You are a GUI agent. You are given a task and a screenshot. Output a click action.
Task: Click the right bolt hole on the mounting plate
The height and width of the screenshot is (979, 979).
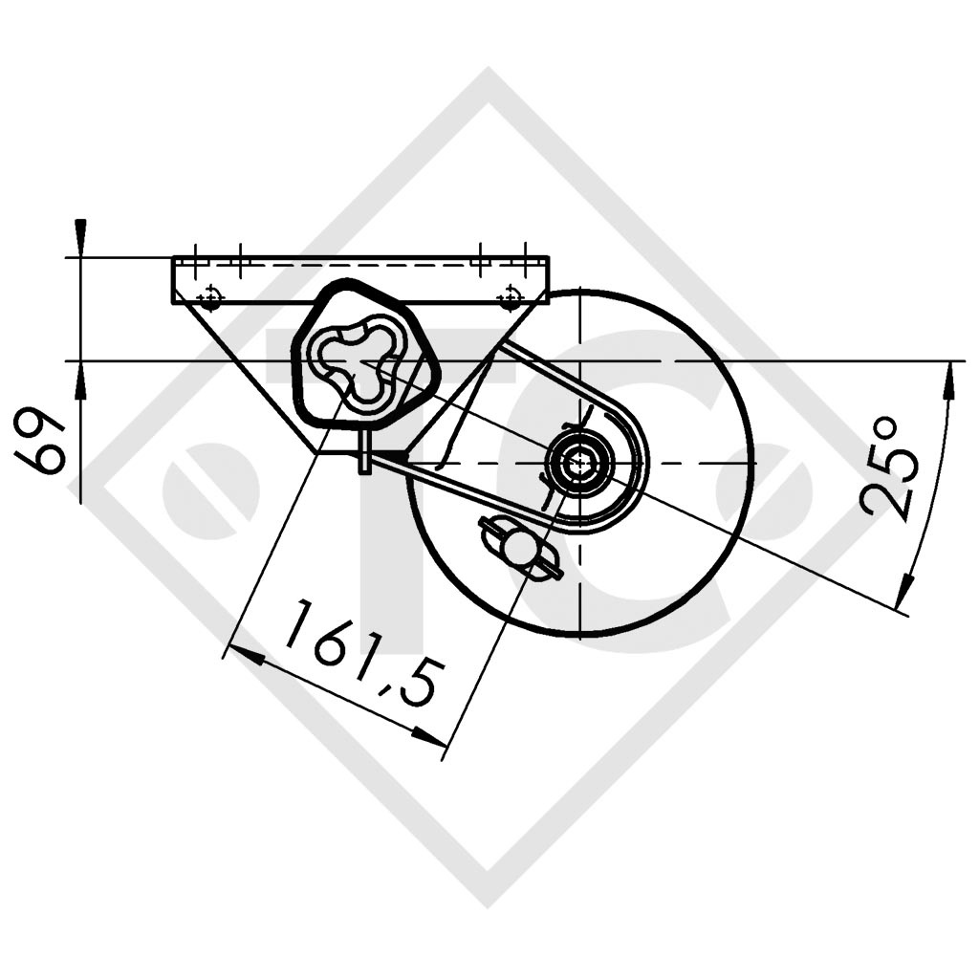click(x=511, y=295)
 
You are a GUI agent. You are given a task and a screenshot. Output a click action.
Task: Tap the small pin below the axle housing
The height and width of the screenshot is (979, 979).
click(x=364, y=450)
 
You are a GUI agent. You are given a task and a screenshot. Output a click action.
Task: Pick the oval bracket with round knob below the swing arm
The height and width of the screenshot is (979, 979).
click(x=522, y=548)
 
